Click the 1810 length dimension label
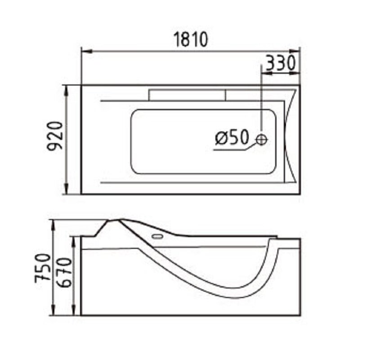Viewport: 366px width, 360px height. pyautogui.click(x=191, y=40)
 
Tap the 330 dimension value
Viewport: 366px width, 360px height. pyautogui.click(x=281, y=63)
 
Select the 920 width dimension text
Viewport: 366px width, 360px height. pyautogui.click(x=55, y=136)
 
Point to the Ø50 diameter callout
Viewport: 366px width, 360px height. pyautogui.click(x=232, y=137)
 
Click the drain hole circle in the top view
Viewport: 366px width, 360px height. pyautogui.click(x=261, y=139)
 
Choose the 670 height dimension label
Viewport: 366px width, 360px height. pyautogui.click(x=64, y=272)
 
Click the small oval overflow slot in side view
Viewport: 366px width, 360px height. pyautogui.click(x=157, y=237)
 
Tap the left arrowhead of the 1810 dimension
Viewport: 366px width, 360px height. pyautogui.click(x=87, y=51)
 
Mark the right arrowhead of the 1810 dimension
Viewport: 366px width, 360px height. pyautogui.click(x=295, y=51)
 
